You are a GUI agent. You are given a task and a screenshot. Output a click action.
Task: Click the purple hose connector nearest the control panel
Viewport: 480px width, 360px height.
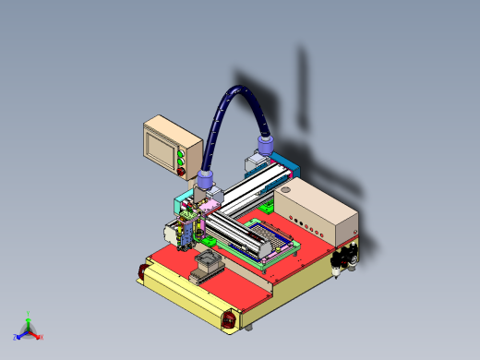(207, 179)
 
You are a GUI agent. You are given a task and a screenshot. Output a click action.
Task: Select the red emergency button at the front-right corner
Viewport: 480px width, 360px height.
(228, 319)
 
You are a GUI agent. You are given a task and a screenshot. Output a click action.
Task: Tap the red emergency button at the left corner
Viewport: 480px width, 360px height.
(141, 270)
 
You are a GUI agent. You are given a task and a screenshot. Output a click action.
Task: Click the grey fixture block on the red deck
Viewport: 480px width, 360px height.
(204, 270)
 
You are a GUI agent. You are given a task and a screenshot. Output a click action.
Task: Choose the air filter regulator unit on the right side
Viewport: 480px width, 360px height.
(346, 258)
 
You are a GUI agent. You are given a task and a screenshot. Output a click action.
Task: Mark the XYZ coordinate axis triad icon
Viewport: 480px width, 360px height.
(29, 330)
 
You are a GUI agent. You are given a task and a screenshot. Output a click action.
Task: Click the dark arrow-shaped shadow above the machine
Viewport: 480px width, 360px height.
(301, 88)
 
